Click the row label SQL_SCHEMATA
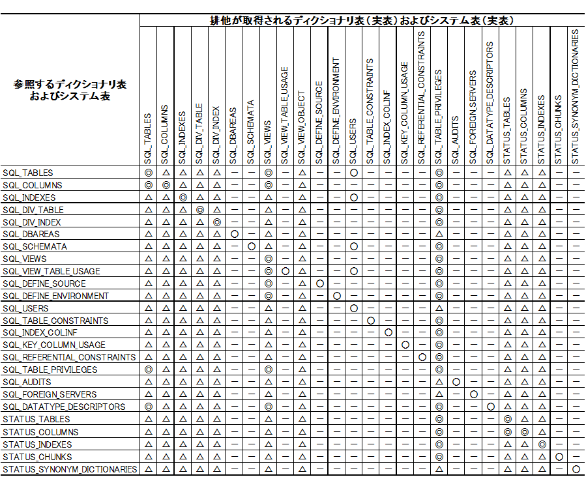35,247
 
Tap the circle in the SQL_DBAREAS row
235,234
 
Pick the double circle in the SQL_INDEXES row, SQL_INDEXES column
183,197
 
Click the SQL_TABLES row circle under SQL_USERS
354,173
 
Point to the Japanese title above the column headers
362,21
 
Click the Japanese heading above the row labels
70,91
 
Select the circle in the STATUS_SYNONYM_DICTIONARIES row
576,469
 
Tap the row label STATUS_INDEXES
37,444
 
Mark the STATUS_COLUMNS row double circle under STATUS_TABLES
507,432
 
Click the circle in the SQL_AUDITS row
456,382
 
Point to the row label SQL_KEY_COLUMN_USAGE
54,345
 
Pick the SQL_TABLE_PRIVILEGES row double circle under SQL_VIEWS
269,369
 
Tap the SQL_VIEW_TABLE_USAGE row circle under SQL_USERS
354,271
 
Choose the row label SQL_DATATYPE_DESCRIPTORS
64,407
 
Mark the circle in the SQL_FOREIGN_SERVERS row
474,394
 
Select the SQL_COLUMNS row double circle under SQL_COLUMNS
166,185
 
